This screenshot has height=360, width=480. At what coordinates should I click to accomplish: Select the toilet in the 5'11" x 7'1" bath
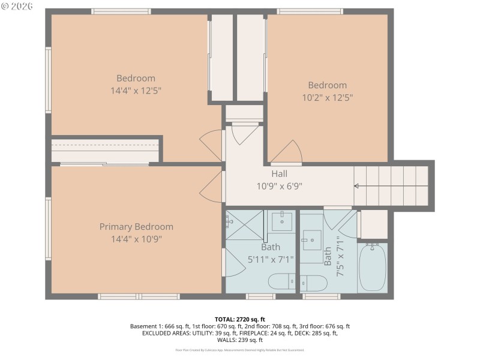tap(281, 281)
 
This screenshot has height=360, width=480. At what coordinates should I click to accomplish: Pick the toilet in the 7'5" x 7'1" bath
tap(312, 282)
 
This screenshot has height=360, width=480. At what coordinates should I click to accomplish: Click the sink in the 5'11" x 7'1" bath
tap(281, 222)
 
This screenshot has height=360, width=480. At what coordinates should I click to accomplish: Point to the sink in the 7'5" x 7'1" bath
tap(311, 243)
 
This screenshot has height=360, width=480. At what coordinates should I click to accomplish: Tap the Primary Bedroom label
tap(136, 227)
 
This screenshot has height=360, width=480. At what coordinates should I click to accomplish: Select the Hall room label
tap(279, 174)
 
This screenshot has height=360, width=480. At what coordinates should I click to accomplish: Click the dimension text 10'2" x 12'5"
tap(327, 97)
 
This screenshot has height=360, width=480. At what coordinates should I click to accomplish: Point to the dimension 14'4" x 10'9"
tap(136, 239)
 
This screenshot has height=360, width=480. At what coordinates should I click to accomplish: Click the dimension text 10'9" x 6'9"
tap(279, 186)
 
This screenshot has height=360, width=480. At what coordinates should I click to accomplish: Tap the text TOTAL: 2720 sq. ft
tap(239, 319)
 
